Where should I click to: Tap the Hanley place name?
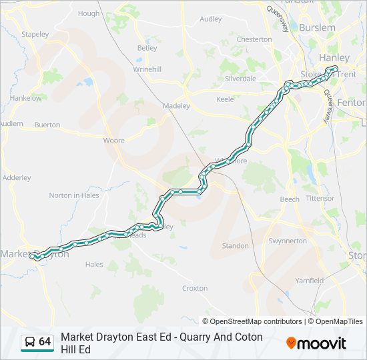click(x=334, y=58)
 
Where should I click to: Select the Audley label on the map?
click(x=210, y=19)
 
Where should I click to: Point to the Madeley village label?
click(x=177, y=105)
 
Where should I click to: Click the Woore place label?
click(x=113, y=141)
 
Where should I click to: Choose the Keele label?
click(x=225, y=99)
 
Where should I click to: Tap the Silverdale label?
click(x=240, y=78)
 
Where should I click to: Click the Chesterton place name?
click(x=255, y=39)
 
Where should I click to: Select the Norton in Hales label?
click(x=73, y=195)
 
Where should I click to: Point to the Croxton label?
click(x=195, y=289)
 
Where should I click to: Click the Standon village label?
click(x=235, y=246)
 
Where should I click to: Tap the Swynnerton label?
click(x=287, y=241)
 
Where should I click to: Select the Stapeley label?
click(x=35, y=34)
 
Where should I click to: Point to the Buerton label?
click(x=47, y=125)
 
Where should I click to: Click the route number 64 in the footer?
click(x=45, y=342)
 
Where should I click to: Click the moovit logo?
click(x=316, y=343)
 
